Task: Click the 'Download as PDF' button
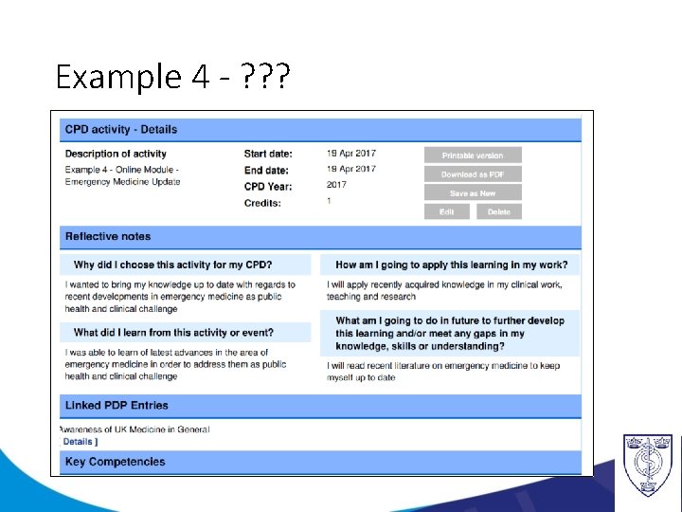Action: [473, 174]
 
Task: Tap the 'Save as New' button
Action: [473, 193]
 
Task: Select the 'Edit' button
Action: [447, 212]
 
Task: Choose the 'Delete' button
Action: [499, 212]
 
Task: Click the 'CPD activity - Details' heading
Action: [120, 129]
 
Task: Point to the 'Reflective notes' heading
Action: [108, 236]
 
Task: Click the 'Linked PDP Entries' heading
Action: [117, 405]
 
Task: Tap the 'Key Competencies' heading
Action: [115, 462]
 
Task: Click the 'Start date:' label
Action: [268, 154]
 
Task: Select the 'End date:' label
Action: [266, 171]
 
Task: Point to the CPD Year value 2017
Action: [336, 185]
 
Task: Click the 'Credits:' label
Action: [262, 202]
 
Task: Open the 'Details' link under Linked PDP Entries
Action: [80, 442]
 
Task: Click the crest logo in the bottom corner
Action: [648, 465]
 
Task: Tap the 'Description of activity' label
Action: [116, 154]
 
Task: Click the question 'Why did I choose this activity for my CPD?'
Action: [173, 265]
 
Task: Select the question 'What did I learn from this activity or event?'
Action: [173, 333]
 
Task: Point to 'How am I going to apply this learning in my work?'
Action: [452, 265]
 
